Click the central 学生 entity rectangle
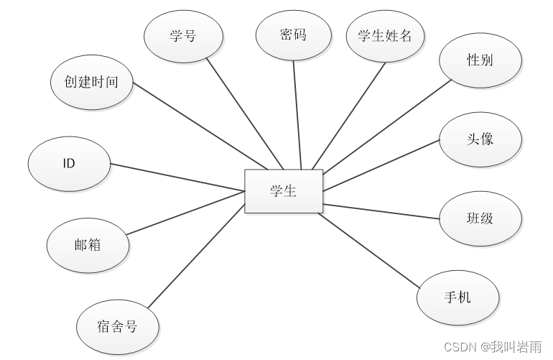coord(284,191)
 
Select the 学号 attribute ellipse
coord(183,36)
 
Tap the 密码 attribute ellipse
coord(293,34)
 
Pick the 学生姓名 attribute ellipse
coord(385,35)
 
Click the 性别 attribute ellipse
coord(480,60)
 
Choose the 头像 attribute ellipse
coord(480,139)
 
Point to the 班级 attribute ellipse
coord(480,218)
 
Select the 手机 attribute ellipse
coord(457,297)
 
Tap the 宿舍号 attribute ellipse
coord(118,327)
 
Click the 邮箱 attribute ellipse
coord(88,244)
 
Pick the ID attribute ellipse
coord(69,163)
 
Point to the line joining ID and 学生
coord(177,177)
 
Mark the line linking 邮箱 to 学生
coord(185,213)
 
